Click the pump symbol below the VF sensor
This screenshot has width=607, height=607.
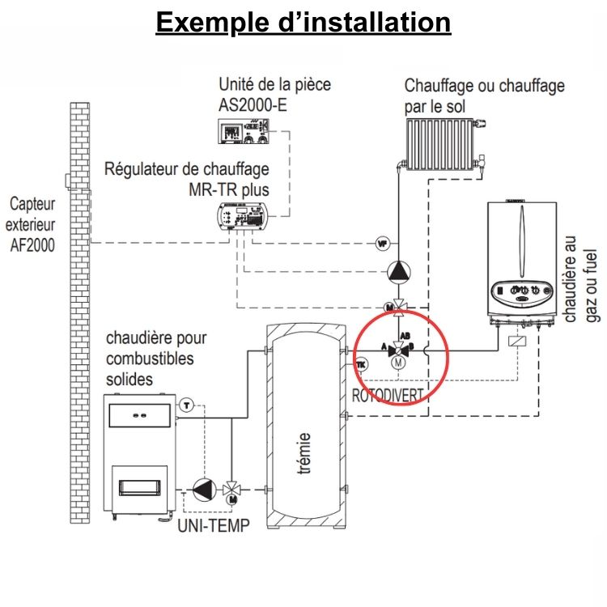pos(398,272)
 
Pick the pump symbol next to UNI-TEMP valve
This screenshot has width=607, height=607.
pos(200,490)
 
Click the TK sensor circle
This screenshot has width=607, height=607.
pos(361,365)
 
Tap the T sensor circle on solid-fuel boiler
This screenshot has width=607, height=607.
pos(186,404)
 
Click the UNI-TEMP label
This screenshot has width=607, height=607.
pos(213,524)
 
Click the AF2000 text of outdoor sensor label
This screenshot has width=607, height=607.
pos(33,245)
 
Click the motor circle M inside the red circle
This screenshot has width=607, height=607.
pos(397,364)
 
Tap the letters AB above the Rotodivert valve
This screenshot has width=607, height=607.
pos(405,334)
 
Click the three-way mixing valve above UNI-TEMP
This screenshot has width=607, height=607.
pos(233,489)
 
